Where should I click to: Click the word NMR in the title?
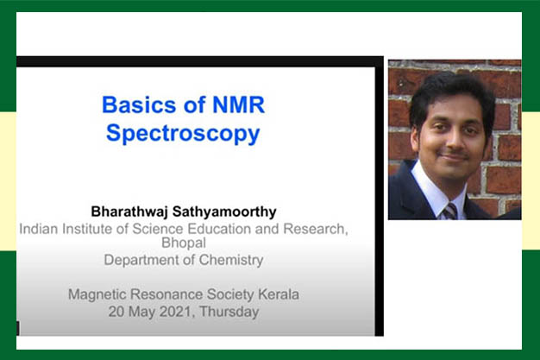(239, 104)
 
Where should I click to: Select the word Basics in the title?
(139, 104)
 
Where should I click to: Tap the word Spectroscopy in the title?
(183, 134)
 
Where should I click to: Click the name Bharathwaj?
(129, 212)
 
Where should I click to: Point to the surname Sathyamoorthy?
(224, 212)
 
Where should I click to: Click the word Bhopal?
(184, 243)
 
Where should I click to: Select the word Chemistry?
(231, 260)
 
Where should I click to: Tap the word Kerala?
(279, 294)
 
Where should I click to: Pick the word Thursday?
(229, 312)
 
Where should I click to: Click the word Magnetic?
(97, 295)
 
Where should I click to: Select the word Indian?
(38, 229)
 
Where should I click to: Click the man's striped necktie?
(449, 211)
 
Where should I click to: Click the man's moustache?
(454, 154)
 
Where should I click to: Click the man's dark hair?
(452, 90)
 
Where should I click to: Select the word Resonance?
(166, 294)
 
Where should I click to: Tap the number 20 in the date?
(116, 312)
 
